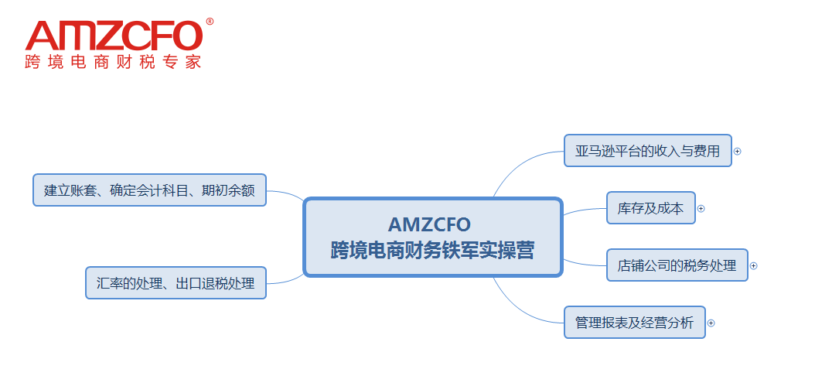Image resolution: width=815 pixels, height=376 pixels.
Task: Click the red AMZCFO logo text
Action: point(114,36)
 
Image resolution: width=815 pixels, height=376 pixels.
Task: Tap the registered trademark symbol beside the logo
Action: point(210,22)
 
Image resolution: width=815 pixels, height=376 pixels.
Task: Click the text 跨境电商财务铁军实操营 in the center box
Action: point(432,251)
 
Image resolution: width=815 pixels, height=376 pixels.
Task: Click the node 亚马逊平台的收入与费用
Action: point(647,151)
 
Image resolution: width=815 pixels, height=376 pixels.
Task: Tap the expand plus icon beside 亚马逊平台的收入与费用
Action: point(737,152)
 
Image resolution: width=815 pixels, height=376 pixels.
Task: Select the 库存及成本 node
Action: point(650,208)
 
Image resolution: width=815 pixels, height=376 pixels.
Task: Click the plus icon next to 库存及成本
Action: point(701,208)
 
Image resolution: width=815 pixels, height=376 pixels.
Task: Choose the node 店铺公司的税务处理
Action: point(677,265)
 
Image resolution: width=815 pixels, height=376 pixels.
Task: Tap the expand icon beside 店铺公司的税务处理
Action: point(753,265)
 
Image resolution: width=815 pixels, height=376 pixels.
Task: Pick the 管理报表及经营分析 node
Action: point(634,323)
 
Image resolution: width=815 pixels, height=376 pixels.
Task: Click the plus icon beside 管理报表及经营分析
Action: point(711,323)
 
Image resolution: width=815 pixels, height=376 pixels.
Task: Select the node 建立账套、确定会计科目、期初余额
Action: point(149,190)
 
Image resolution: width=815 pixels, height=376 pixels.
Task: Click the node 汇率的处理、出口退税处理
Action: point(175,283)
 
